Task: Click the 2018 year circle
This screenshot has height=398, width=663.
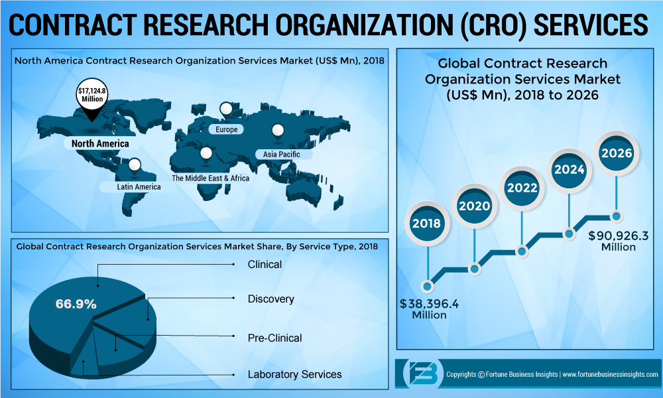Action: tap(426, 224)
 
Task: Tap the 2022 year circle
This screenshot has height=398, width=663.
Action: tap(522, 188)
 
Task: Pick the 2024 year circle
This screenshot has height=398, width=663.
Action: tap(569, 169)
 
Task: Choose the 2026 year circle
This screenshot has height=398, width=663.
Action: tap(616, 153)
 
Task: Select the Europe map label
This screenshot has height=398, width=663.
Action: tap(226, 129)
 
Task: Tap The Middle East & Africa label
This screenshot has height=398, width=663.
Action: tap(210, 178)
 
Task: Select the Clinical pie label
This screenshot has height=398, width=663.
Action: tap(265, 264)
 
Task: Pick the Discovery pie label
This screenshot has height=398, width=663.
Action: tap(271, 298)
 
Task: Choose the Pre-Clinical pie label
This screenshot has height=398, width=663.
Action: tap(274, 338)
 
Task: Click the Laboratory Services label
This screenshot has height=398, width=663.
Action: tap(294, 374)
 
